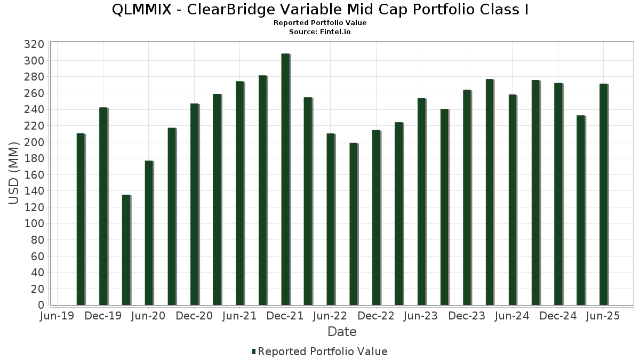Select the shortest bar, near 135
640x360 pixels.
tap(126, 250)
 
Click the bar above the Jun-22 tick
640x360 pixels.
tap(330, 219)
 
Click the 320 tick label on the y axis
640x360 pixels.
tap(34, 44)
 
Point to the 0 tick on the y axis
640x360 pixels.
tap(41, 305)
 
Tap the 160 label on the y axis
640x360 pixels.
tap(34, 174)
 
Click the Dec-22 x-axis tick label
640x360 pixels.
tap(376, 316)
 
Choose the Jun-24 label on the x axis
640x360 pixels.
tap(513, 316)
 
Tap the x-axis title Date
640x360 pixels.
tap(342, 332)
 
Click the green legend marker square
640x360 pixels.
tap(253, 351)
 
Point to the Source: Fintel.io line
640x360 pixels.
tap(320, 32)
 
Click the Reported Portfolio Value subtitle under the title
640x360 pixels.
tap(320, 23)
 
